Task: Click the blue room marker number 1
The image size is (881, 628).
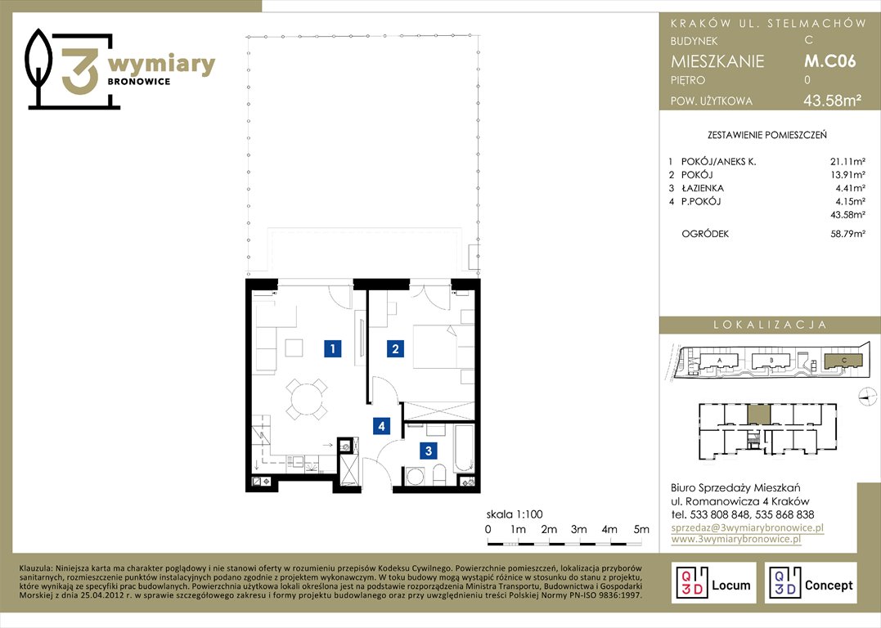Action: pyautogui.click(x=333, y=349)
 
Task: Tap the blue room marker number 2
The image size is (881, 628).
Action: pyautogui.click(x=395, y=349)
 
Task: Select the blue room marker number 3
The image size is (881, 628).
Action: pyautogui.click(x=429, y=451)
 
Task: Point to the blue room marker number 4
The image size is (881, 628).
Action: pyautogui.click(x=381, y=426)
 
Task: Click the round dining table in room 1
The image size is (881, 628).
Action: pyautogui.click(x=306, y=400)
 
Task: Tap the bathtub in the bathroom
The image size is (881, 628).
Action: pyautogui.click(x=465, y=449)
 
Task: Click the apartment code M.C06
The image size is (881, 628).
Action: pyautogui.click(x=829, y=61)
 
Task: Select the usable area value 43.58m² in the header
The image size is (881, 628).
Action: pyautogui.click(x=832, y=101)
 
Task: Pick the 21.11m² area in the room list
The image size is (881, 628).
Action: pyautogui.click(x=847, y=162)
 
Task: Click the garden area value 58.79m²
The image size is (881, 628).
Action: pyautogui.click(x=847, y=234)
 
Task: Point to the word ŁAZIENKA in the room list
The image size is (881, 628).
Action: pyautogui.click(x=703, y=188)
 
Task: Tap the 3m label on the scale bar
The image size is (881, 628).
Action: pyautogui.click(x=578, y=529)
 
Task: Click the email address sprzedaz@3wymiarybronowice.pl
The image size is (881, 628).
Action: pyautogui.click(x=748, y=528)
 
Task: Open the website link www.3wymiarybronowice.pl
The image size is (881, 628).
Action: pyautogui.click(x=735, y=539)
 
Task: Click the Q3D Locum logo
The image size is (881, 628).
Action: pyautogui.click(x=713, y=583)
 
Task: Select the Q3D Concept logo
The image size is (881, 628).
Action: pyautogui.click(x=811, y=583)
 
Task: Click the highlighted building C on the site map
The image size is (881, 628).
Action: pyautogui.click(x=843, y=361)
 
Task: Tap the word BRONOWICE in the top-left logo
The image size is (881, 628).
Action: pyautogui.click(x=139, y=82)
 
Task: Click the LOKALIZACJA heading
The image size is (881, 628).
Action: pyautogui.click(x=770, y=325)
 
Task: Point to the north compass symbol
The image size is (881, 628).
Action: pyautogui.click(x=868, y=397)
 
